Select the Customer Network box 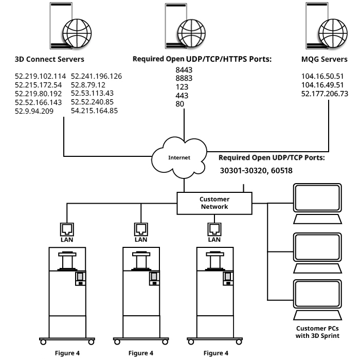pyautogui.click(x=214, y=203)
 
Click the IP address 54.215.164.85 pyautogui.click(x=94, y=111)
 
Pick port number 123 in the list pyautogui.click(x=182, y=87)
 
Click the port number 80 pyautogui.click(x=179, y=104)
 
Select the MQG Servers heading pyautogui.click(x=324, y=59)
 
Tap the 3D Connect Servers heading pyautogui.click(x=49, y=59)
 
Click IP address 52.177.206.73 pyautogui.click(x=325, y=94)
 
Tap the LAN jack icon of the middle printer pyautogui.click(x=140, y=228)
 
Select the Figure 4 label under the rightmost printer pyautogui.click(x=215, y=353)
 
